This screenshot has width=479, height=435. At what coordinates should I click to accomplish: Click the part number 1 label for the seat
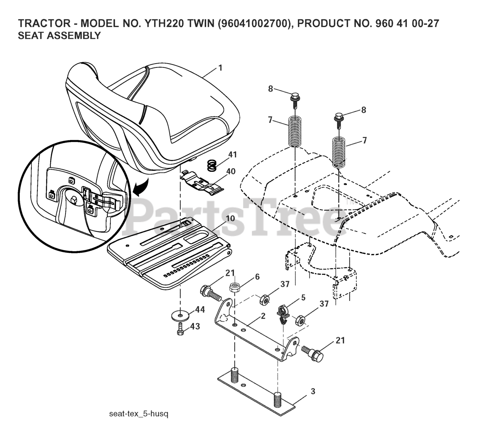click(220, 68)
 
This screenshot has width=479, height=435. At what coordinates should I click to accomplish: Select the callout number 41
click(232, 154)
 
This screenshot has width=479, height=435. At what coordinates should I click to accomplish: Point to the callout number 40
click(231, 172)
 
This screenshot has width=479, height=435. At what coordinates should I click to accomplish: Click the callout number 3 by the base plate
click(313, 392)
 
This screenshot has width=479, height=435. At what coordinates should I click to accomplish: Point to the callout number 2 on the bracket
click(263, 316)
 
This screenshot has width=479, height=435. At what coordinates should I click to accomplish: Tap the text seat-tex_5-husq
click(139, 414)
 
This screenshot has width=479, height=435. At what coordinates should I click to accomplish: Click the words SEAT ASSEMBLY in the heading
click(59, 36)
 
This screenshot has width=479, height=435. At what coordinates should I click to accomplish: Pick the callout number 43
click(195, 326)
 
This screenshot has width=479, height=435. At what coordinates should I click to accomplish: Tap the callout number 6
click(257, 276)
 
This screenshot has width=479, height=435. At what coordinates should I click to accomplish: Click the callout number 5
click(303, 298)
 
